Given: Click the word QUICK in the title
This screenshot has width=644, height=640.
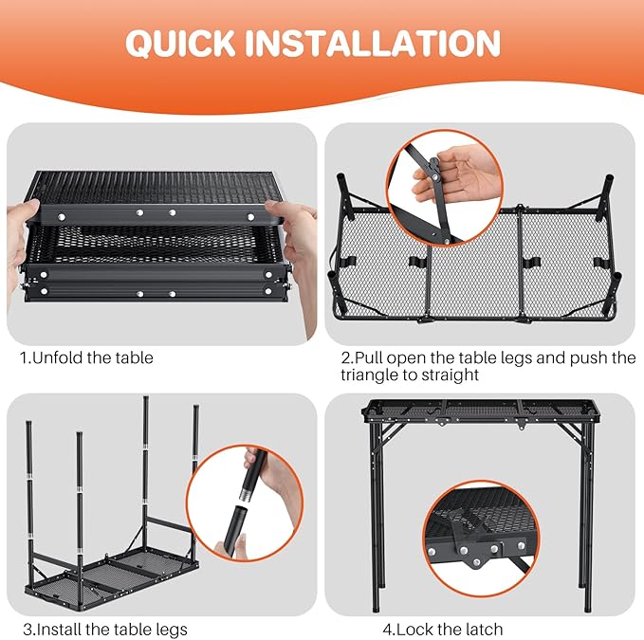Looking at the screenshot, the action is [x=180, y=44].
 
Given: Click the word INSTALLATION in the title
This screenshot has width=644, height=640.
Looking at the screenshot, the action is [x=373, y=43].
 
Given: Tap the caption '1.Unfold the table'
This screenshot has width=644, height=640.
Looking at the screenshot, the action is [x=86, y=357].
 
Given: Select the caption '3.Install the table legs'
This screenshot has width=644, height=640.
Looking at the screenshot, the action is [x=105, y=629].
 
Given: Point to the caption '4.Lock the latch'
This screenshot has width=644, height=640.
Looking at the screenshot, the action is [x=443, y=629].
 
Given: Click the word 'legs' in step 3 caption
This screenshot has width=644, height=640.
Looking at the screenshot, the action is [x=172, y=630].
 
